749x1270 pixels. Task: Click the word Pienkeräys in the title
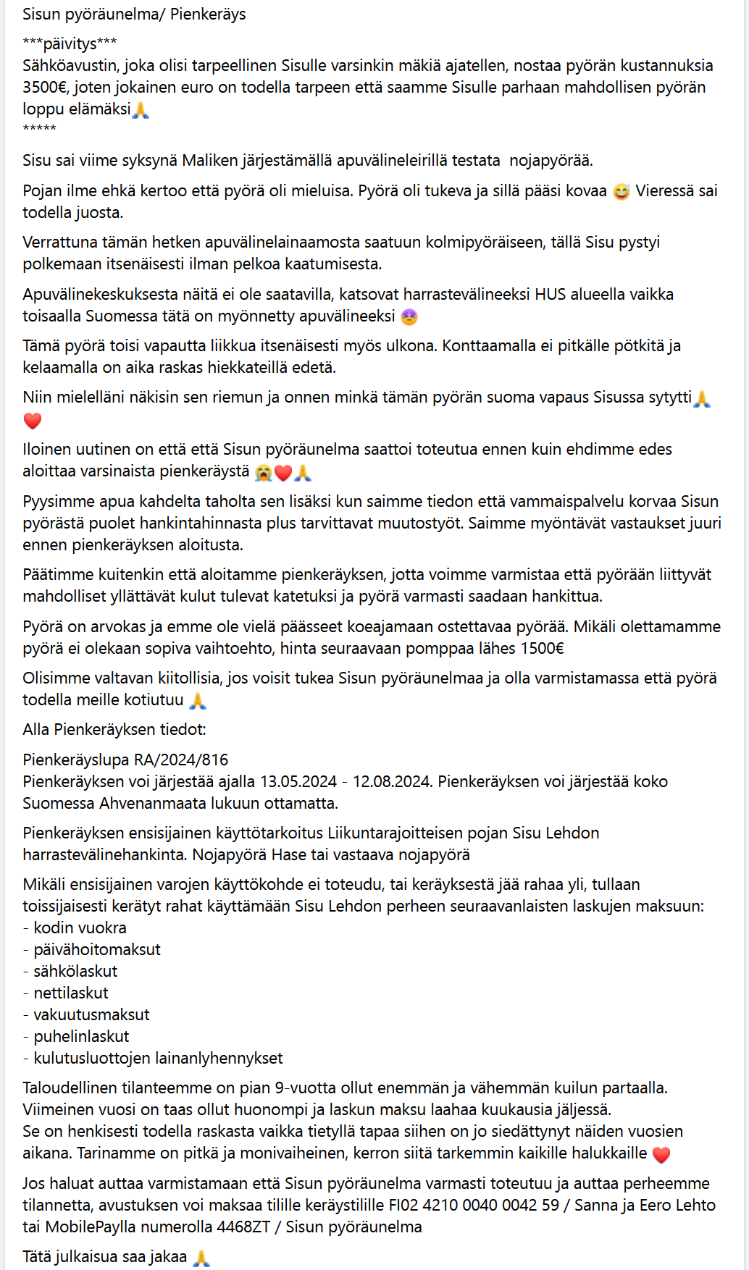208,14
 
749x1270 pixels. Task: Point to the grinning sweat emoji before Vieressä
621,192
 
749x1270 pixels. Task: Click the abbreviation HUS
551,295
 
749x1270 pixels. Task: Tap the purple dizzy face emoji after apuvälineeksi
409,317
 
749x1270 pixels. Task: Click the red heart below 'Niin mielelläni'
33,421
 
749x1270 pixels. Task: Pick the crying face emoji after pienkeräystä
264,473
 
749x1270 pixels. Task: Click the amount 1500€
542,649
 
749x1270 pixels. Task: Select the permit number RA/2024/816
181,760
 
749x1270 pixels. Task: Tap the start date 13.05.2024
298,782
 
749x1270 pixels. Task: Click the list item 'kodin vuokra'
80,928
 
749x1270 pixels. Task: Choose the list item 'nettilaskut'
71,993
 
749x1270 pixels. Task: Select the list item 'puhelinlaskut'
81,1037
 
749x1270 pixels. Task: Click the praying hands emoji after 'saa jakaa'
201,1258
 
